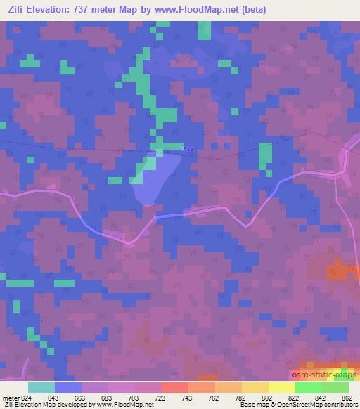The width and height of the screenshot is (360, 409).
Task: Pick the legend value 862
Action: click(347, 398)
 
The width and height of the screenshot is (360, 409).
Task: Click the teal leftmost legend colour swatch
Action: click(41, 387)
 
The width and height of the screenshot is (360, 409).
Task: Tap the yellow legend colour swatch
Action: click(281, 387)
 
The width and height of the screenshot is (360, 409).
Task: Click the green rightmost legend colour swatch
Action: click(335, 387)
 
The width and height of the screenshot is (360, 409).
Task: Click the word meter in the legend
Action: click(11, 398)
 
